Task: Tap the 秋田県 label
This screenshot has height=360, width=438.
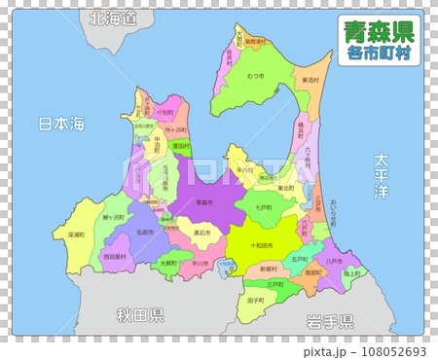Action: tap(140, 314)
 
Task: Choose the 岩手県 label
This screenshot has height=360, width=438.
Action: tap(329, 320)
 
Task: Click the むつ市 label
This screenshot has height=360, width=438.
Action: tap(256, 76)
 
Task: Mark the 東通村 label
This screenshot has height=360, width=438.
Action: tap(310, 80)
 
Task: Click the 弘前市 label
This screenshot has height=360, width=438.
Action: tap(145, 233)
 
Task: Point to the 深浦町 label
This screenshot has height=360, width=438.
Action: tap(77, 234)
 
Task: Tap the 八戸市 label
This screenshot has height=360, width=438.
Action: tap(333, 261)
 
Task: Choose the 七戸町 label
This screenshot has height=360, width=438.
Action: tap(264, 207)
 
